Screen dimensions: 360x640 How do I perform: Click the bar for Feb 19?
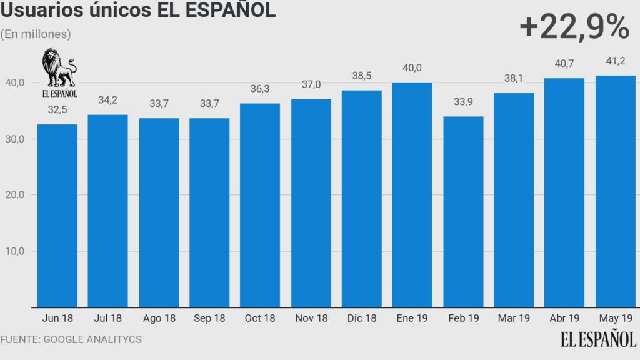pos(463,212)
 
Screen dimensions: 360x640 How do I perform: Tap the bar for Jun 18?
pos(57,216)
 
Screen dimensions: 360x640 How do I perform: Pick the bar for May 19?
pos(616,191)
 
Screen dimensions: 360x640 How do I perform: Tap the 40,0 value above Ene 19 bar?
pos(412,68)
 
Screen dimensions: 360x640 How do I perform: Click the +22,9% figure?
pos(573,27)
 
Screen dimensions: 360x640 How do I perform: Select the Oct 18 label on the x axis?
pos(260,319)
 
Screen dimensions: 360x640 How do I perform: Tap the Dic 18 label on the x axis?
pos(361,319)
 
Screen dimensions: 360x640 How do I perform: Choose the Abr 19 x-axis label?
pos(565,319)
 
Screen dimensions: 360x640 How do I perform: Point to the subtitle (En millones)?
pos(36,34)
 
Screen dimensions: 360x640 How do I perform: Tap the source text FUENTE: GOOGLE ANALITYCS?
pos(71,339)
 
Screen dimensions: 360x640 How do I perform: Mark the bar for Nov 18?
pos(311,203)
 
